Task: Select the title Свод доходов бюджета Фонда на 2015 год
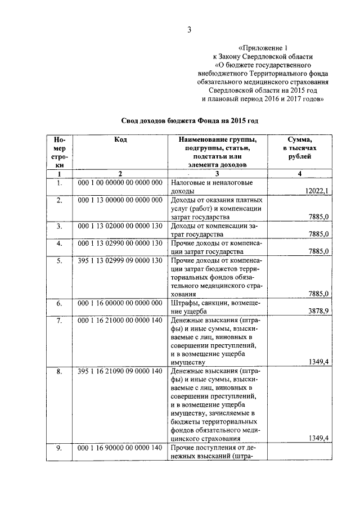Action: tap(190, 120)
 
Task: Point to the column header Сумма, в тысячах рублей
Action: tap(300, 148)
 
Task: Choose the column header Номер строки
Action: tap(59, 152)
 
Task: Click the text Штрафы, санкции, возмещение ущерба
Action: tap(216, 307)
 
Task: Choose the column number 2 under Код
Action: tap(120, 174)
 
